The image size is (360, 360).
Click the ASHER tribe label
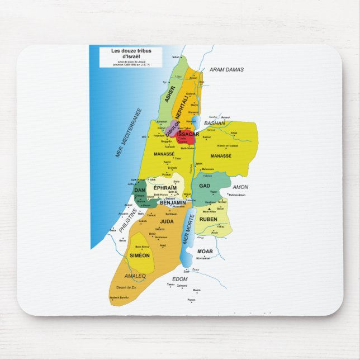pos(170,94)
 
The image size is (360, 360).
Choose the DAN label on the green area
pos(140,191)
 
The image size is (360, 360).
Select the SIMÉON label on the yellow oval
pos(140,255)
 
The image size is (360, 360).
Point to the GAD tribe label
pos(205,186)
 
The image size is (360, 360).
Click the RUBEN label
pos(208,219)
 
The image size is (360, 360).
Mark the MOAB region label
pos(205,252)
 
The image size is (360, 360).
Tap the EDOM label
pos(180,278)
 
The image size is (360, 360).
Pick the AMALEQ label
pos(136,276)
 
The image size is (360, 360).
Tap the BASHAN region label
pos(214,122)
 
